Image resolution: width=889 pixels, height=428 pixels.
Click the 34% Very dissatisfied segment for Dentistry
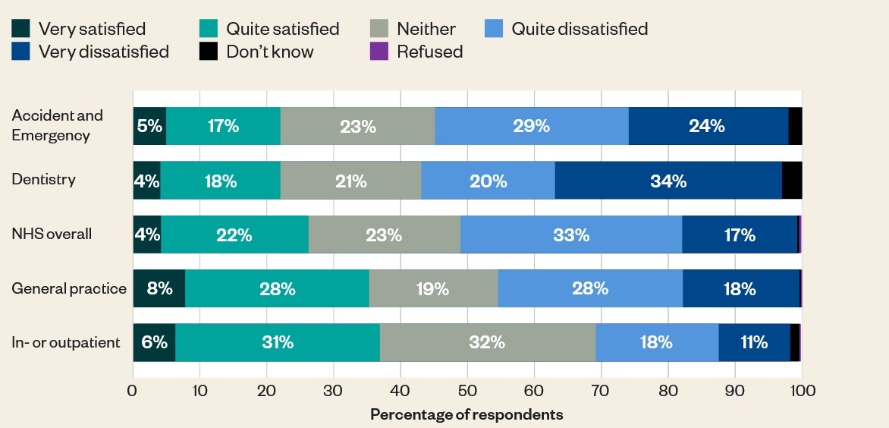pos(668,181)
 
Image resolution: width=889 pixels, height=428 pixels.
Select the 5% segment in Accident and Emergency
pos(149,126)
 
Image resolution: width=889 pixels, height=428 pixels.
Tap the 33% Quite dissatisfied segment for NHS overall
pos(570,234)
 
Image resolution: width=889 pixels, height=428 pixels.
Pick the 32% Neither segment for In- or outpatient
pos(487,342)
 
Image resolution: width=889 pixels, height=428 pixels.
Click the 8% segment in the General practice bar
pos(159,288)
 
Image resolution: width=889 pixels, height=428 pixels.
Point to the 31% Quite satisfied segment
pos(278,342)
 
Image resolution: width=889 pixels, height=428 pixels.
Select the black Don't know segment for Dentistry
pos(791,181)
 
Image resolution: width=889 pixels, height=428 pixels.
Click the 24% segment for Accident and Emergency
pos(708,126)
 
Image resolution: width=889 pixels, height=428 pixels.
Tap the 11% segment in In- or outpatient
pos(754,342)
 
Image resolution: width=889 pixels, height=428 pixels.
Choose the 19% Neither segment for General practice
pos(432,288)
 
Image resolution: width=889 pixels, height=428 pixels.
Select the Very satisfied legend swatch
pos(20,29)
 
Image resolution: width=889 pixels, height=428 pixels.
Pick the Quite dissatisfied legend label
pos(580,29)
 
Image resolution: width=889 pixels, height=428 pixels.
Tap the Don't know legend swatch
pos(208,52)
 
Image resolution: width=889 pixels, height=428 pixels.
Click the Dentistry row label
pos(43,180)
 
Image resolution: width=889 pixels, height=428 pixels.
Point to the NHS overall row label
pos(52,234)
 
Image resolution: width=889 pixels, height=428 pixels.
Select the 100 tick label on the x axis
pos(802,391)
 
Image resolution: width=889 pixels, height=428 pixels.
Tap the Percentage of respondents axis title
pos(466,415)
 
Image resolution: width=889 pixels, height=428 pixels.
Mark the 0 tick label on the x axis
pos(133,391)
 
